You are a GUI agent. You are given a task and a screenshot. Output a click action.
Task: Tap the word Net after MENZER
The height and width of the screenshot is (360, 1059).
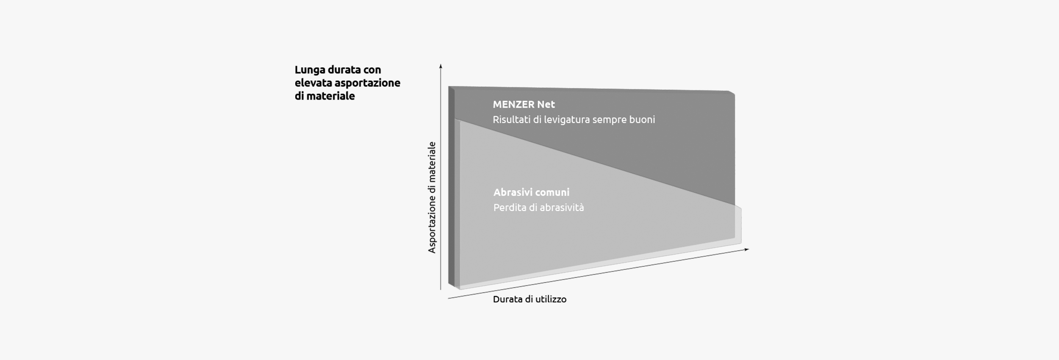[546, 104]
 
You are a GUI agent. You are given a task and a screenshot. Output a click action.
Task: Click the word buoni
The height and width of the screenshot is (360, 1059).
[642, 119]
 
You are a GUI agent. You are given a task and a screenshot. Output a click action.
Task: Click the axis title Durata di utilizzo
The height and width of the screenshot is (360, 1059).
[529, 299]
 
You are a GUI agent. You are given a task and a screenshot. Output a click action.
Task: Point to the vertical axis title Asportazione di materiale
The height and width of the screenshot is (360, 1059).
[432, 197]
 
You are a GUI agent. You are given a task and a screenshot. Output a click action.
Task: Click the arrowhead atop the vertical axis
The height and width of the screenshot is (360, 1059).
[441, 66]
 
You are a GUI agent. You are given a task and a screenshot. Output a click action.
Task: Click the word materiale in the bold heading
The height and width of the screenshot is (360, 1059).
[331, 96]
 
